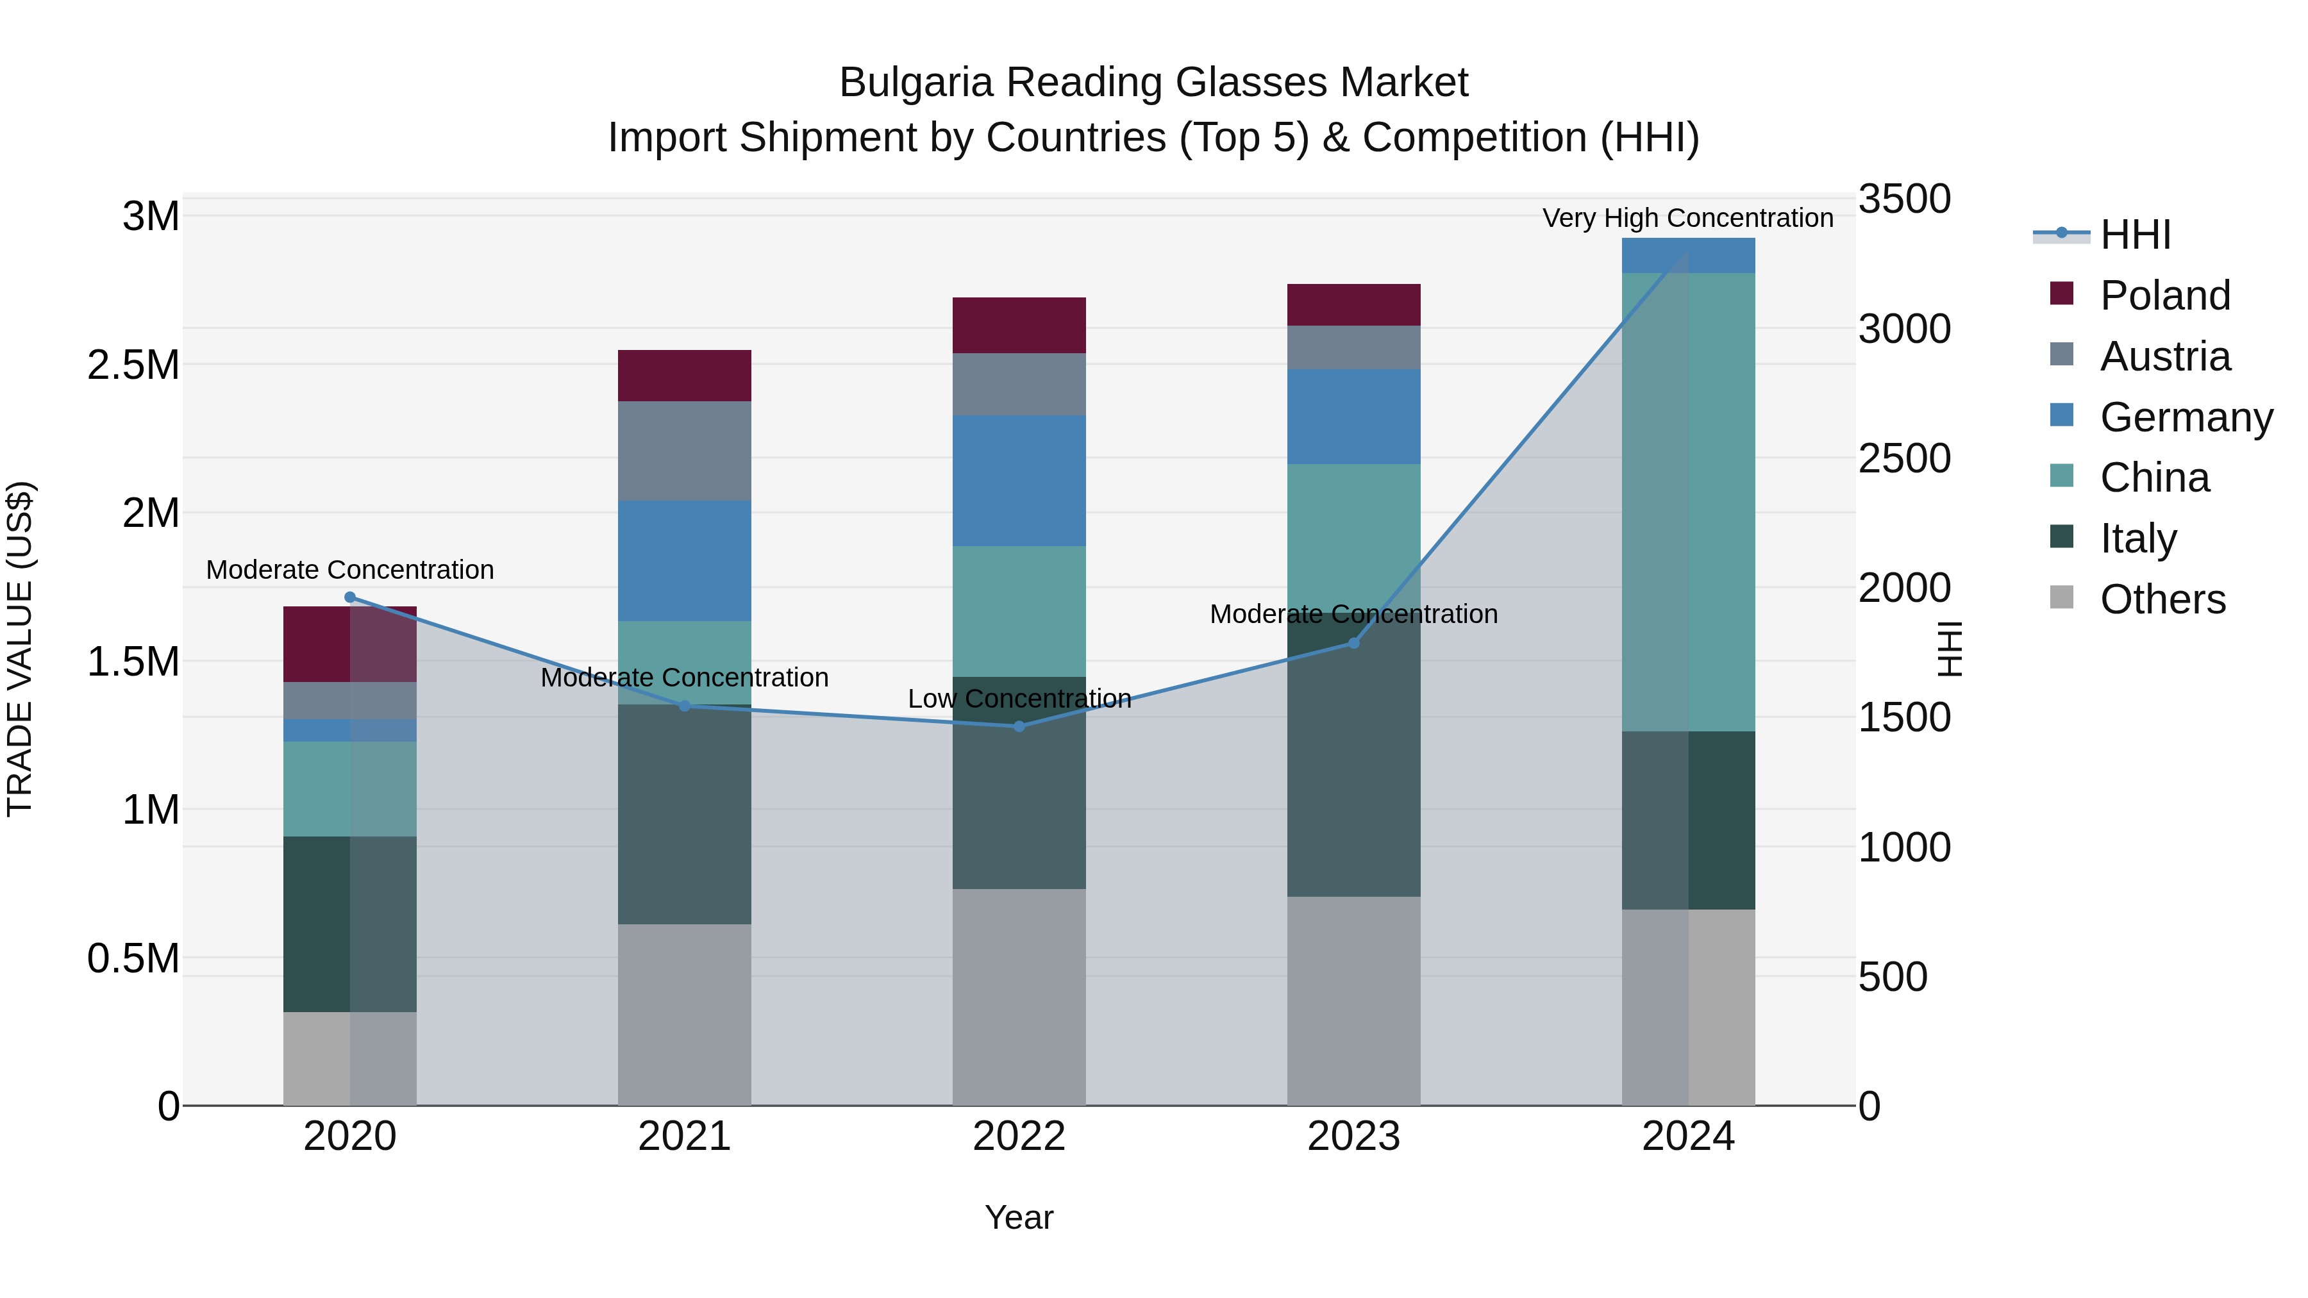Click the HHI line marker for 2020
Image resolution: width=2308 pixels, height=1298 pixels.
(x=350, y=597)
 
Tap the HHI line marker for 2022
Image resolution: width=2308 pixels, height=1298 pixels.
(x=1019, y=726)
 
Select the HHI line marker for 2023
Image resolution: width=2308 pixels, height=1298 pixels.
(x=1354, y=643)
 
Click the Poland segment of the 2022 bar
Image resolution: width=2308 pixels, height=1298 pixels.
(x=1019, y=325)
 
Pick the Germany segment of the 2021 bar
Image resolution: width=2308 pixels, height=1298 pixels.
(x=685, y=561)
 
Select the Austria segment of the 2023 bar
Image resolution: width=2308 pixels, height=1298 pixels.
(x=1354, y=347)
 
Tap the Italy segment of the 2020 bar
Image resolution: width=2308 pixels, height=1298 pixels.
(x=350, y=924)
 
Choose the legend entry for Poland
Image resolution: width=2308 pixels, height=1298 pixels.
(x=2164, y=295)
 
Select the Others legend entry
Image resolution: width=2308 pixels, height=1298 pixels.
(x=2161, y=599)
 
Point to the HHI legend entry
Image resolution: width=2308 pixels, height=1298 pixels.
(x=2134, y=235)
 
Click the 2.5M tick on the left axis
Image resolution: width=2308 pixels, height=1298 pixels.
(x=133, y=365)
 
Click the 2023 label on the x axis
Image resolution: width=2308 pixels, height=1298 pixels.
(x=1354, y=1136)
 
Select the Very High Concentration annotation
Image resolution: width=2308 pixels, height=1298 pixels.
(x=1687, y=218)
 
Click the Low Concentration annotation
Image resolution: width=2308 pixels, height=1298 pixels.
(x=1019, y=699)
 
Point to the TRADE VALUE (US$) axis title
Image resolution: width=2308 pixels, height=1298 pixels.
(x=20, y=649)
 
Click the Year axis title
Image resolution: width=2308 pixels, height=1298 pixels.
(x=1019, y=1217)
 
